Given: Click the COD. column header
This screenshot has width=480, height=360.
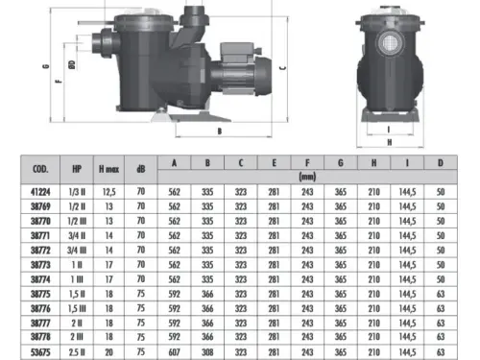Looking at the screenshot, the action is click(40, 169).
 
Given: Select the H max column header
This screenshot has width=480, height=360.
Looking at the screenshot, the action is click(108, 169).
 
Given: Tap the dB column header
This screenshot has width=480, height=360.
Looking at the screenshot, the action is click(141, 169).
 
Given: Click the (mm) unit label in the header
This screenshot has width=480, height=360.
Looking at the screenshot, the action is click(307, 177).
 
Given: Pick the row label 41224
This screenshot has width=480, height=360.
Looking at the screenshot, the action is click(40, 192).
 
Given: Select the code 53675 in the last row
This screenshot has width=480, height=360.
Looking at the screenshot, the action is click(40, 352).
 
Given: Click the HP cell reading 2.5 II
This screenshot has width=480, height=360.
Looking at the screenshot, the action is click(77, 352).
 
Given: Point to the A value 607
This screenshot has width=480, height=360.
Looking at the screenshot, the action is click(174, 352).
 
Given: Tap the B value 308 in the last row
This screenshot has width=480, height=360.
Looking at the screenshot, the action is click(207, 352).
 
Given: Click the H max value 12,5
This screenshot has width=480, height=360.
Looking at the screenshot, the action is click(108, 192).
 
